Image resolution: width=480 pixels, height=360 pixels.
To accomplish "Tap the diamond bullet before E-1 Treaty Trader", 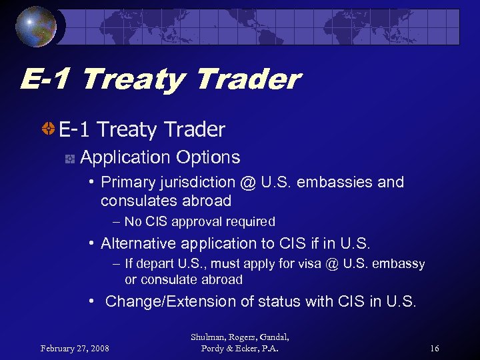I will coord(48,129).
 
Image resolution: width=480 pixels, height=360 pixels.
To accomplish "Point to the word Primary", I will coord(128,183).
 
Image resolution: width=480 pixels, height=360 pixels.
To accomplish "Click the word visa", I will coord(309,263).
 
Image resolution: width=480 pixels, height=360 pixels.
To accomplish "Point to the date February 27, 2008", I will coord(75,348).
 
